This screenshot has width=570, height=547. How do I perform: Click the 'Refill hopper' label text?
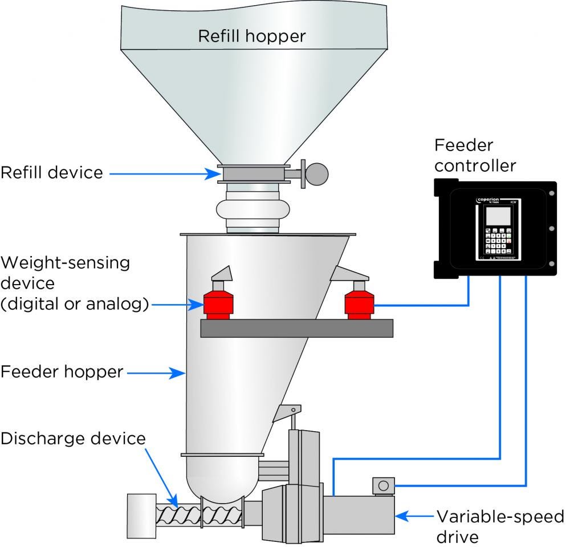coord(251,36)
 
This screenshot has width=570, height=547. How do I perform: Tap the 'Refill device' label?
coord(52,172)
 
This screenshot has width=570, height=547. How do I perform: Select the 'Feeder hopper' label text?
coord(62,372)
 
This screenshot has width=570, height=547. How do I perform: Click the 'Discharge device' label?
coord(73,438)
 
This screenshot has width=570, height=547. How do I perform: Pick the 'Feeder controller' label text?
coord(475,155)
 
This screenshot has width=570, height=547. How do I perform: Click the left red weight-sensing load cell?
coord(217,303)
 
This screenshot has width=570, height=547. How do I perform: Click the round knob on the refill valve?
coord(316,173)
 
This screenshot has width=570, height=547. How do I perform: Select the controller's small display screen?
coord(495,215)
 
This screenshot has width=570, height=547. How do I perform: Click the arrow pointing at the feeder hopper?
coord(157,373)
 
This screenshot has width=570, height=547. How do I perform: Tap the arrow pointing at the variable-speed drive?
coord(414,516)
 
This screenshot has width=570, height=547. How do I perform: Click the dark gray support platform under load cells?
coord(296,328)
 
